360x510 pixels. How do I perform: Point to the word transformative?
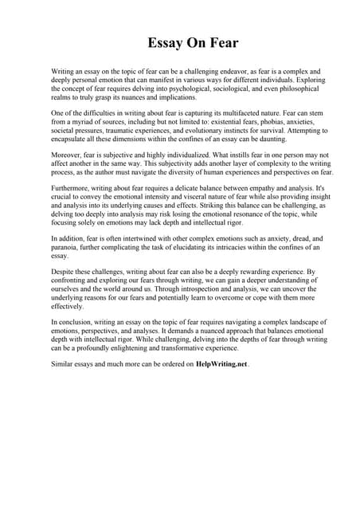point(196,349)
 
